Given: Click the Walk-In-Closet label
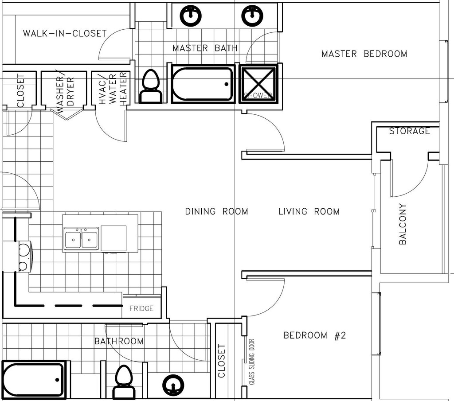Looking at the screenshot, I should tap(65, 33).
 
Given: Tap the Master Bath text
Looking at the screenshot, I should tap(205, 48).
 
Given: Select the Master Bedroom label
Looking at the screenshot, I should tap(364, 54).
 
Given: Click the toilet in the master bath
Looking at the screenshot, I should tap(151, 87).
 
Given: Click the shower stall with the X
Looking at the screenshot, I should tap(258, 84).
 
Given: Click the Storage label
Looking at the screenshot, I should tap(409, 131).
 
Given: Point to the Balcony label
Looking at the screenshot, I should tap(403, 224).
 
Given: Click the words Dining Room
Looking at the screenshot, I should tap(216, 211).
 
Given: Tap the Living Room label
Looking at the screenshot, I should tap(309, 211).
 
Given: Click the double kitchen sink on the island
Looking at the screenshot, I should tap(81, 240).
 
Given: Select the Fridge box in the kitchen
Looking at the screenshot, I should tap(141, 308).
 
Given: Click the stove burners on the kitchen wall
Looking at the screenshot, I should tap(23, 257).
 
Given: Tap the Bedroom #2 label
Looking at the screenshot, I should tap(314, 335).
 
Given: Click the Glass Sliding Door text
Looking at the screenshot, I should tap(252, 362).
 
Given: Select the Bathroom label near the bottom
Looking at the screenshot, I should tap(119, 341).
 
